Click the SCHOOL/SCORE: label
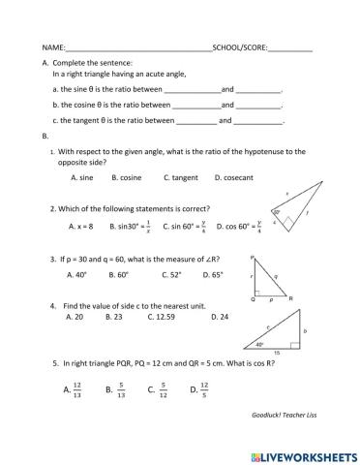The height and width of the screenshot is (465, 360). tap(239, 46)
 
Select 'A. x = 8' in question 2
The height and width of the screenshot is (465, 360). tap(81, 226)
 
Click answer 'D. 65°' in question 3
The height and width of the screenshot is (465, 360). tap(211, 274)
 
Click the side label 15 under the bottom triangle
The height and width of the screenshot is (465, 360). tap(279, 353)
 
